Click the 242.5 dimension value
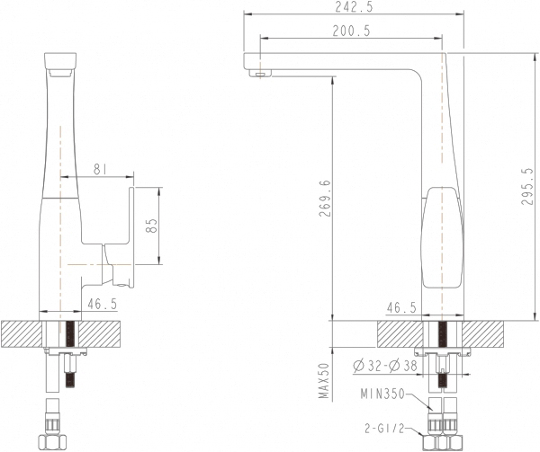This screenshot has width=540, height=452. (354, 7)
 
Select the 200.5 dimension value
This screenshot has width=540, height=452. (351, 31)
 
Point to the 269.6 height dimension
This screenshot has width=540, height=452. (325, 199)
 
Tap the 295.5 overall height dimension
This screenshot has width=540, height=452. (526, 186)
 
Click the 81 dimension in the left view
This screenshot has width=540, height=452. (100, 169)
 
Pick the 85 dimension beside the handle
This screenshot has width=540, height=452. (151, 226)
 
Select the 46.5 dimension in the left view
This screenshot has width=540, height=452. (103, 304)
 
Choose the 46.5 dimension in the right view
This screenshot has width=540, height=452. (401, 307)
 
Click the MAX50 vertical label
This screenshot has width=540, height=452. (324, 380)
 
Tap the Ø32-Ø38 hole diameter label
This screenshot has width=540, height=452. (385, 366)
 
